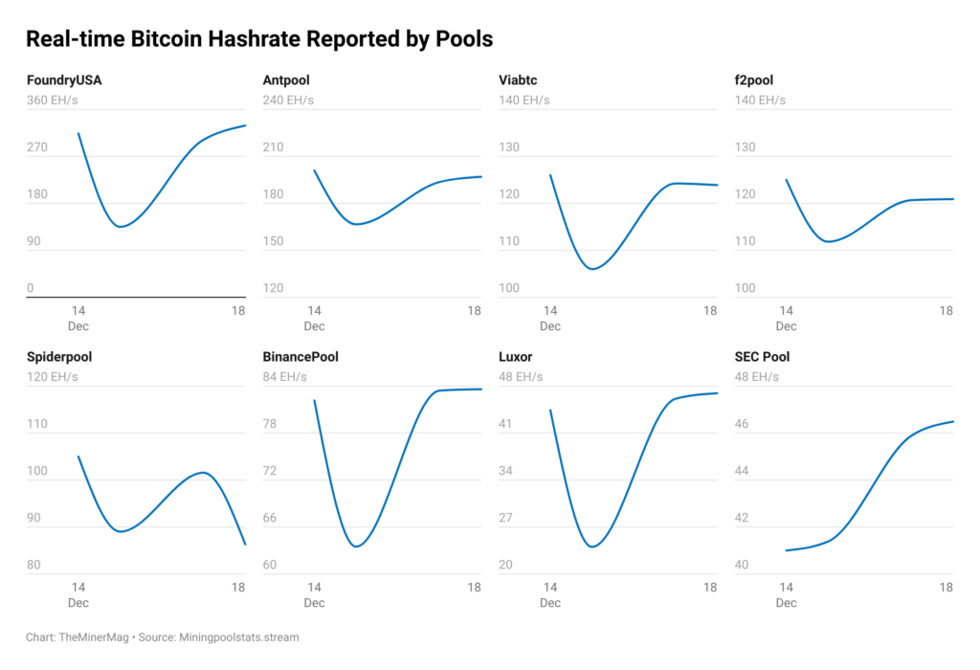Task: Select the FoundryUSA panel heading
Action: pos(64,80)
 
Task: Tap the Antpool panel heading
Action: pos(285,80)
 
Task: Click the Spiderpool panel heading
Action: pos(59,357)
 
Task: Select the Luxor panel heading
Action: pos(516,357)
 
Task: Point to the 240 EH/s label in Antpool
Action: pos(288,100)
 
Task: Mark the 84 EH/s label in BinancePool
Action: pos(285,376)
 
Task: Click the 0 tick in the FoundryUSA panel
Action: pos(31,288)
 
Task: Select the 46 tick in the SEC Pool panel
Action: pos(742,424)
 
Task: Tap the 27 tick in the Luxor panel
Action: pos(506,518)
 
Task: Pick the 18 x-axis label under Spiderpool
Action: pos(238,587)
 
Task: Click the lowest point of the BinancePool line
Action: pos(355,546)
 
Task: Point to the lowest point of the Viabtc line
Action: pos(592,269)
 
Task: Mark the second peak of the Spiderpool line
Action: pos(202,472)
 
